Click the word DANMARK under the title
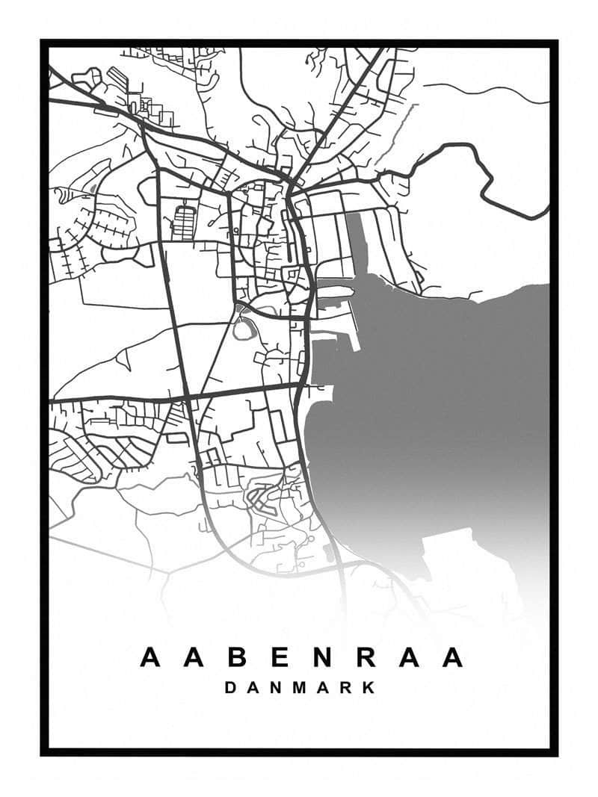coord(300,687)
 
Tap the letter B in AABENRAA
coord(236,658)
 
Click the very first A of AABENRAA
coord(150,658)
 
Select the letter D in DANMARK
coord(231,687)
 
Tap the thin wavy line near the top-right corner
coord(486,91)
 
